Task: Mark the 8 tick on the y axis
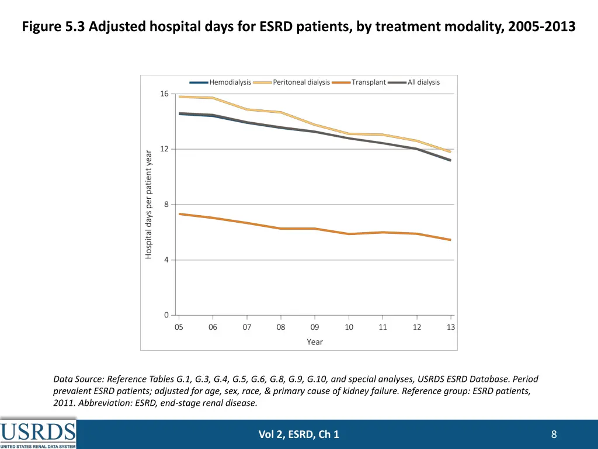pyautogui.click(x=166, y=204)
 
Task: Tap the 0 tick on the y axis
pyautogui.click(x=166, y=315)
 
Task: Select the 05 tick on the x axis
pyautogui.click(x=179, y=327)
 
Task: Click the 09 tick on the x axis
pyautogui.click(x=315, y=327)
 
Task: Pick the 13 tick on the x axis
pyautogui.click(x=451, y=327)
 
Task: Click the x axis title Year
pyautogui.click(x=315, y=342)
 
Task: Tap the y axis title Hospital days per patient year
pyautogui.click(x=149, y=204)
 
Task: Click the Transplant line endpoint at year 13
pyautogui.click(x=450, y=240)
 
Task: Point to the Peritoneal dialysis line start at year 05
pyautogui.click(x=179, y=96)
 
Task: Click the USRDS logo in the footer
pyautogui.click(x=38, y=434)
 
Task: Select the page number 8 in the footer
pyautogui.click(x=554, y=434)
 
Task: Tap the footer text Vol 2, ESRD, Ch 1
pyautogui.click(x=298, y=434)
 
